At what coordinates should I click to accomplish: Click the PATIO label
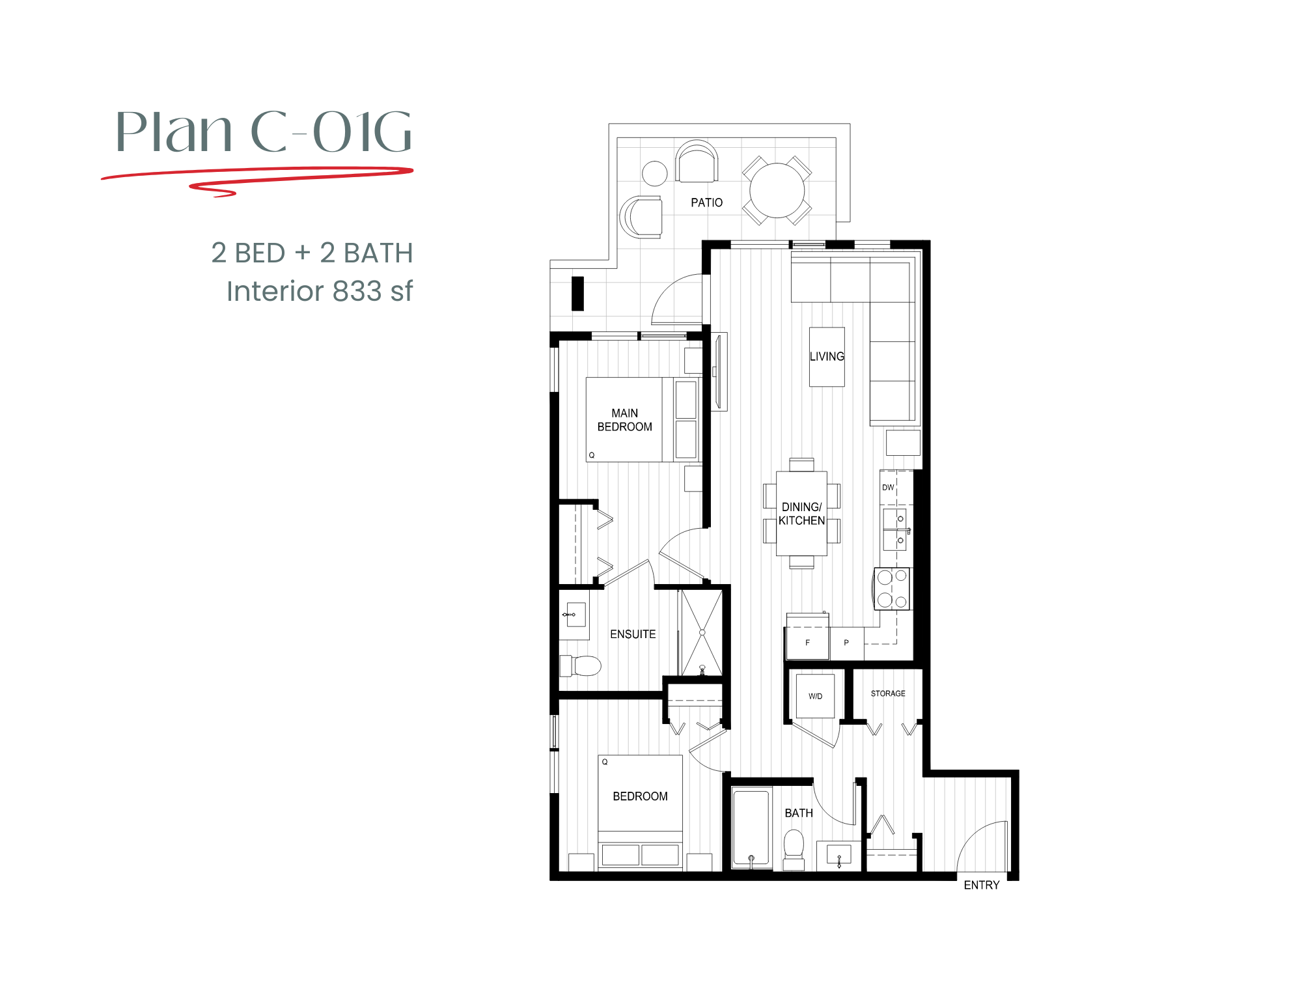coord(706,203)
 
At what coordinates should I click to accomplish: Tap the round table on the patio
coord(777,190)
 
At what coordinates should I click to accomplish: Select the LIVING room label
coord(827,356)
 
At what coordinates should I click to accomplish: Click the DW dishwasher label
coord(888,487)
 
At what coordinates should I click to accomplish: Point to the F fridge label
coord(807,643)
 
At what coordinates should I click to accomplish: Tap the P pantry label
coord(846,643)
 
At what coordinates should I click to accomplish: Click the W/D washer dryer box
coord(815,696)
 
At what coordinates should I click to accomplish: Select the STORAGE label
coord(888,693)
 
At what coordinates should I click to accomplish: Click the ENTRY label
coord(981,885)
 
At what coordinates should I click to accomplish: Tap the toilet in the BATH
coord(794,846)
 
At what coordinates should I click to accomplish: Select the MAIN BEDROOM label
coord(624,420)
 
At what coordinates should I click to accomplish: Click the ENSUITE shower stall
coord(702,632)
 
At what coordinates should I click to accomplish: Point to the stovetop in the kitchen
coord(892,589)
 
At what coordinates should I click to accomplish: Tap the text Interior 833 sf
coord(319,291)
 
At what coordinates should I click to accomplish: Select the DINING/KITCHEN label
coord(801,513)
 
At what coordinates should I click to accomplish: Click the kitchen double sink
coord(895,529)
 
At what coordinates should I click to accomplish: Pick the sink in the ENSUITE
coord(574,614)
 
